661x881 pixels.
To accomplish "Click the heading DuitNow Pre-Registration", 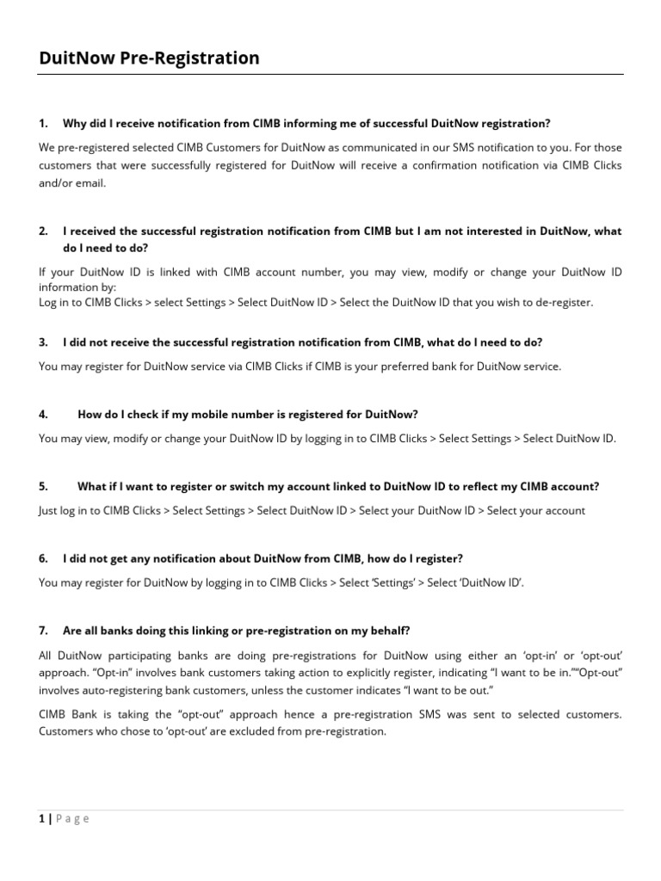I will (x=149, y=59).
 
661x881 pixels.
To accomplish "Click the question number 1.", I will (x=43, y=123).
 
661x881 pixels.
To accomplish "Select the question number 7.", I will (x=43, y=631).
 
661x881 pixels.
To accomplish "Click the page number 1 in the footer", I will (x=41, y=818).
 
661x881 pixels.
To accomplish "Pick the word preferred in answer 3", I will (x=405, y=366).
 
